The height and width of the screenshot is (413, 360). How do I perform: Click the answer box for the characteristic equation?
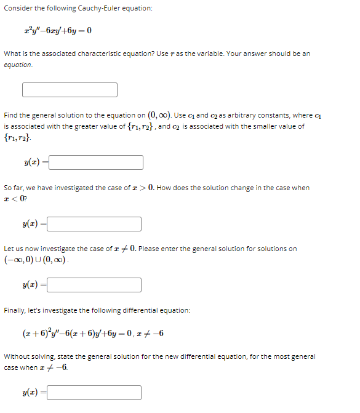pyautogui.click(x=70, y=90)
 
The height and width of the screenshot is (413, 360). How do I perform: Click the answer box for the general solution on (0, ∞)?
pyautogui.click(x=96, y=162)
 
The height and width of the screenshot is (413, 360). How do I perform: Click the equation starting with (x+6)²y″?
pyautogui.click(x=92, y=334)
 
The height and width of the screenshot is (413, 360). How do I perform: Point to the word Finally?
pyautogui.click(x=16, y=310)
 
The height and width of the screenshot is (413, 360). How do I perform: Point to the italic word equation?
pyautogui.click(x=18, y=65)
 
